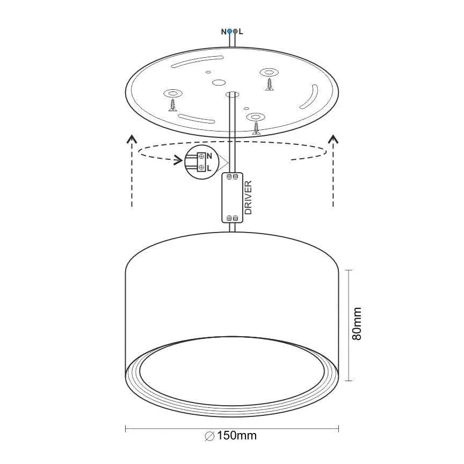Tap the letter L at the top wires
pyautogui.click(x=241, y=32)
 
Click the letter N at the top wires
pyautogui.click(x=224, y=32)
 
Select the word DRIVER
pyautogui.click(x=248, y=198)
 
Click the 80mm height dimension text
pyautogui.click(x=357, y=324)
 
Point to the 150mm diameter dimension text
pyautogui.click(x=237, y=436)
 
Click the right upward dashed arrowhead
pyautogui.click(x=333, y=140)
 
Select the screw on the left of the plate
pyautogui.click(x=173, y=104)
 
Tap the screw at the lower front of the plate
pyautogui.click(x=257, y=127)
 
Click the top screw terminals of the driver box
pyautogui.click(x=233, y=176)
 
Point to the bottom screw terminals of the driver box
pyautogui.click(x=233, y=218)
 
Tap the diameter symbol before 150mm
pyautogui.click(x=210, y=436)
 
